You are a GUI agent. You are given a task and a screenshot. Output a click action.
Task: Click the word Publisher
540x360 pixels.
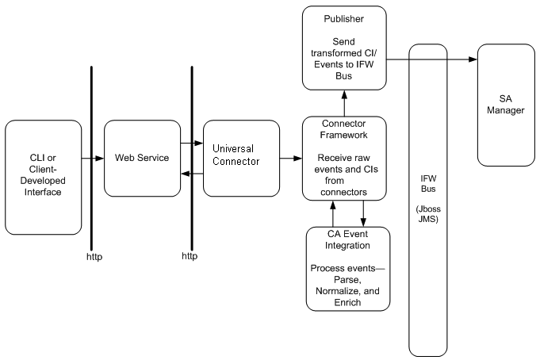[x=344, y=18]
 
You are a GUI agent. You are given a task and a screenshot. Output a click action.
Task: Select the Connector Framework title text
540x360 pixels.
[x=344, y=130]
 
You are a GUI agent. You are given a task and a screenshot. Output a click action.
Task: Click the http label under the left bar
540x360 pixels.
[x=93, y=256]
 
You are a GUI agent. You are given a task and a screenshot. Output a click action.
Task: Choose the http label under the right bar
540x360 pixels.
[x=190, y=256]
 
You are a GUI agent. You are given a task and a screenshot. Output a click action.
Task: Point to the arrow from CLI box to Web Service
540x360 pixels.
[x=94, y=159]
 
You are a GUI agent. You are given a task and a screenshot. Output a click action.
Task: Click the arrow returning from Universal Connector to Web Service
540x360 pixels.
[x=190, y=174]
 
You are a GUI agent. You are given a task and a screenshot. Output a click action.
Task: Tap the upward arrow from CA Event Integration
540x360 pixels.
[x=333, y=213]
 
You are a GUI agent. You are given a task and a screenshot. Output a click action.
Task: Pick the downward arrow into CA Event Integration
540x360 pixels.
[x=363, y=213]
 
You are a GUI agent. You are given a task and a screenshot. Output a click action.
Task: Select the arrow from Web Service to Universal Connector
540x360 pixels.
[x=190, y=144]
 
